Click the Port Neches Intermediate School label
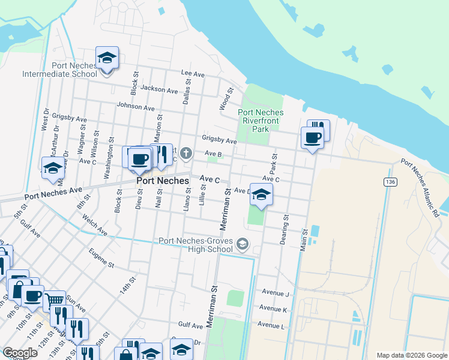point(59,70)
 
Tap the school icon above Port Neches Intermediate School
point(107,58)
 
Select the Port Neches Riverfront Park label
point(261,121)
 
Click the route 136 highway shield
point(390,181)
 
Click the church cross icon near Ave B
point(186,154)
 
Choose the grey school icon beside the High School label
point(242,244)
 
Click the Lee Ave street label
point(193,73)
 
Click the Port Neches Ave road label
point(53,193)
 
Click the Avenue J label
point(275,293)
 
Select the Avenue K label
point(273,308)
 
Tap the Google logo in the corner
point(20,352)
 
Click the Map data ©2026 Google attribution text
point(411,355)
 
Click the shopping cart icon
point(54,299)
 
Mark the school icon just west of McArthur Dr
point(53,168)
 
